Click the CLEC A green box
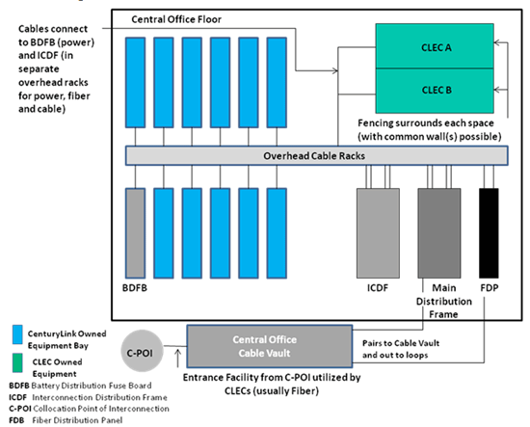point(435,46)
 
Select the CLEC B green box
point(435,91)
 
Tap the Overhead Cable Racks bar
point(316,155)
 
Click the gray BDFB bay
point(135,233)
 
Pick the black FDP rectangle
point(489,233)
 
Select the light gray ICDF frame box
point(378,233)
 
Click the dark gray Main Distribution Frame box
point(439,233)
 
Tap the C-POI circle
point(142,351)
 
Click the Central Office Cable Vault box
point(270,346)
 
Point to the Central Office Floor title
point(176,19)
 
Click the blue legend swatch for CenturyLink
point(17,334)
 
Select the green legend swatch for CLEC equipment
point(17,362)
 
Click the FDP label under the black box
point(490,288)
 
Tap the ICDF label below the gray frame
point(378,288)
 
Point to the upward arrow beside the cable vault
point(178,359)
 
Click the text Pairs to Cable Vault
point(401,343)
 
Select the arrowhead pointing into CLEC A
point(496,43)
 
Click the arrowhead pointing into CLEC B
point(496,90)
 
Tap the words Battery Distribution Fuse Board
point(92,386)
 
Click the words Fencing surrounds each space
point(426,123)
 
